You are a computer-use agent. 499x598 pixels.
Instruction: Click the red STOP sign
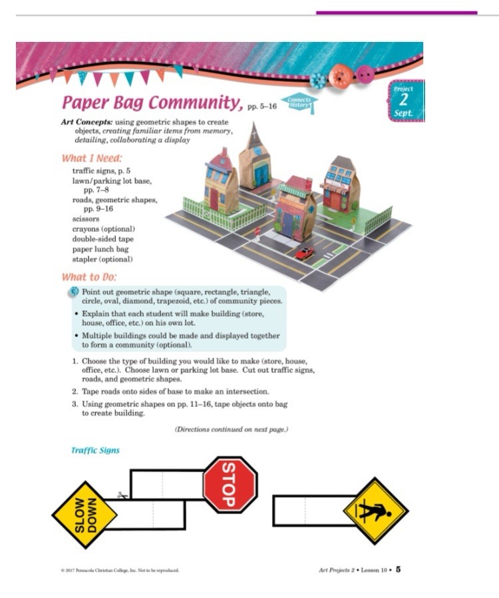click(230, 484)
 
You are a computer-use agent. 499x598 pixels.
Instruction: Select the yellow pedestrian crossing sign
click(375, 511)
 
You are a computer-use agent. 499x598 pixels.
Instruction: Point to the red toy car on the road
click(305, 253)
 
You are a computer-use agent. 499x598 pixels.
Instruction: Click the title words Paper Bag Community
click(150, 104)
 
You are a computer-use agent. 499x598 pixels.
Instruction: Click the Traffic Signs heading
click(95, 450)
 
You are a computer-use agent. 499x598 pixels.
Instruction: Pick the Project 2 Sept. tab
click(403, 101)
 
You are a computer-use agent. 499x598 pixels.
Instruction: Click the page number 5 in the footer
click(398, 569)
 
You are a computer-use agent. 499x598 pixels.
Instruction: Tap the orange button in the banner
click(340, 74)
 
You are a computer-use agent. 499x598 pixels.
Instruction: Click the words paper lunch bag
click(99, 248)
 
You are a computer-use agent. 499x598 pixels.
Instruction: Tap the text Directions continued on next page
click(231, 430)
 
